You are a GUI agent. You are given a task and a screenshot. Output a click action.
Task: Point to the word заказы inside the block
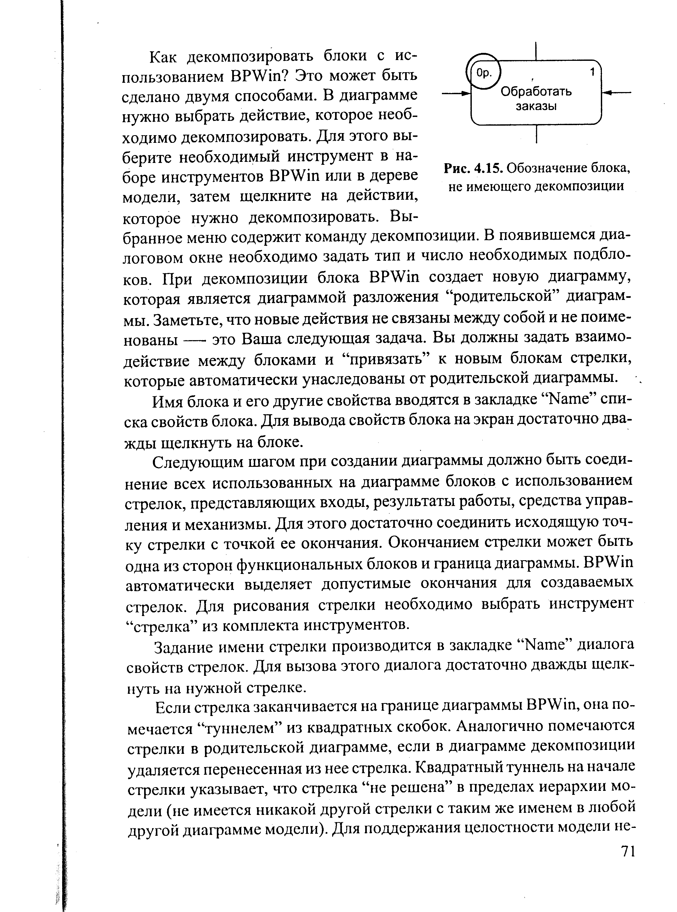[x=536, y=107]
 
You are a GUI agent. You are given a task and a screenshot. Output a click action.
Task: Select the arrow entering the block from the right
[x=617, y=93]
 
